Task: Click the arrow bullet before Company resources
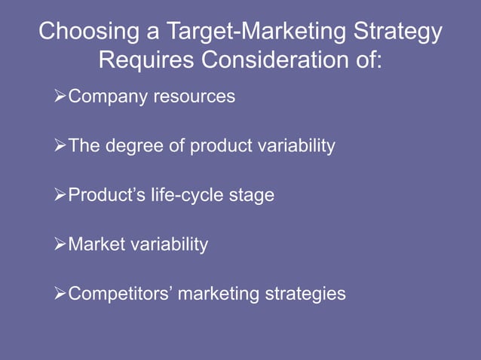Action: pos(61,97)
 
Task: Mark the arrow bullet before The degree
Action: pos(61,146)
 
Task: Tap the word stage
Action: pos(253,195)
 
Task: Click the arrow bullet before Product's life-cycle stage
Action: pos(61,195)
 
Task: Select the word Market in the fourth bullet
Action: pos(93,245)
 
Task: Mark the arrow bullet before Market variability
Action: pos(61,245)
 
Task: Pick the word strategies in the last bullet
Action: pos(304,294)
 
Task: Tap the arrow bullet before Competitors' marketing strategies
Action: pos(61,294)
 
